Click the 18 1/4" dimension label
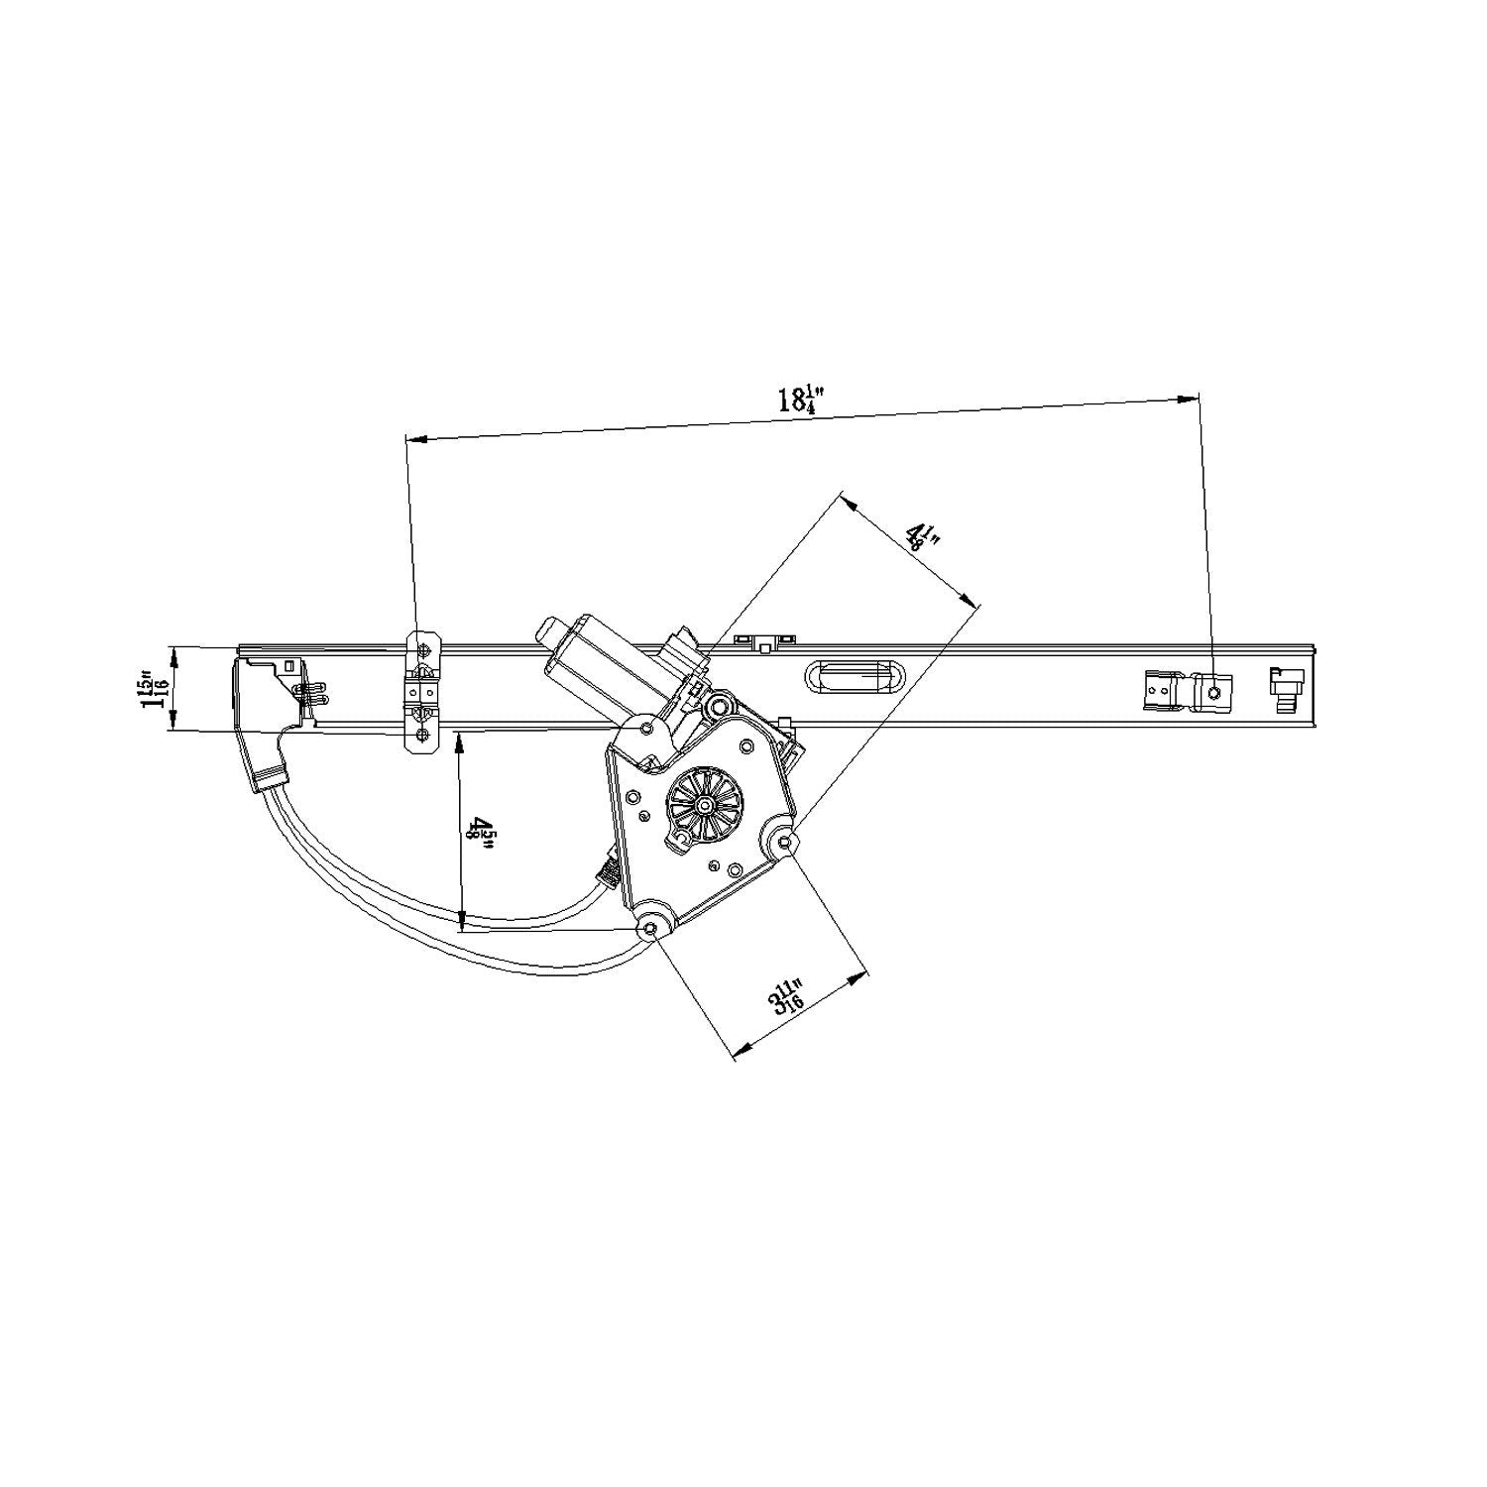[x=801, y=399]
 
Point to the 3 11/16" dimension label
[x=787, y=995]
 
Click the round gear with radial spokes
[x=705, y=806]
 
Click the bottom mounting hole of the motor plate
[x=650, y=928]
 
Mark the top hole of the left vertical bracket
[x=424, y=650]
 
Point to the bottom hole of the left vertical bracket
[x=424, y=735]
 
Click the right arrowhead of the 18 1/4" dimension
[x=1190, y=399]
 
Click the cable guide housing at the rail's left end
[x=266, y=714]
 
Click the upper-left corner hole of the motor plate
[x=646, y=729]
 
